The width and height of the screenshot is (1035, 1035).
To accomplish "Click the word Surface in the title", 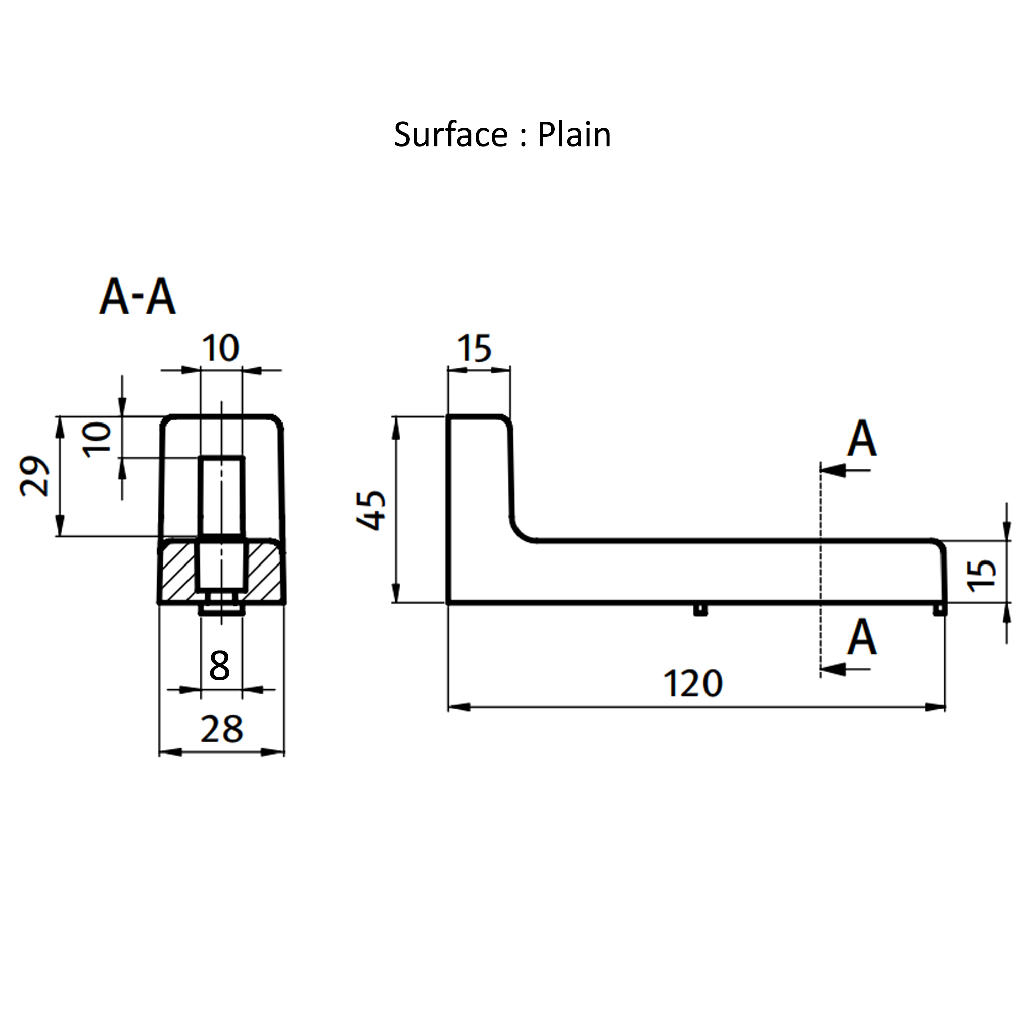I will pos(450,134).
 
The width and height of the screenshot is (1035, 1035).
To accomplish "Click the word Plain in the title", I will pos(574,134).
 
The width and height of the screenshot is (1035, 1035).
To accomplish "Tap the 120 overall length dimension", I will pos(693,684).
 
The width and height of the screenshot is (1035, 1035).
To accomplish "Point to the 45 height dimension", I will pos(371,509).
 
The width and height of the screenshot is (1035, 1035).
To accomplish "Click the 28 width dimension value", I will pos(221,729).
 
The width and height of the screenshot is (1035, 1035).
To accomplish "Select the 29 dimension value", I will pos(34,476).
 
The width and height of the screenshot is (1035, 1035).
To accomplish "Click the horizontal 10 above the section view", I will pos(221,348).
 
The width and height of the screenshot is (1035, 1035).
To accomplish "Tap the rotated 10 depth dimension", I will pos(98,440).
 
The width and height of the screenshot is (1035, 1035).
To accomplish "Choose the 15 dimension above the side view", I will pos(475,349).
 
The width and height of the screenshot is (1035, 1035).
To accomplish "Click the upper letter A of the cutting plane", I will pos(862,440).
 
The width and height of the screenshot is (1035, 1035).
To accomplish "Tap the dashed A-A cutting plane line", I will pos(820,568).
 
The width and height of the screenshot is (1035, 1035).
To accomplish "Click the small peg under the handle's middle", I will pos(700,609).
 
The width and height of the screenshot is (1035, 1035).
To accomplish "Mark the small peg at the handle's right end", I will pos(939,609).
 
